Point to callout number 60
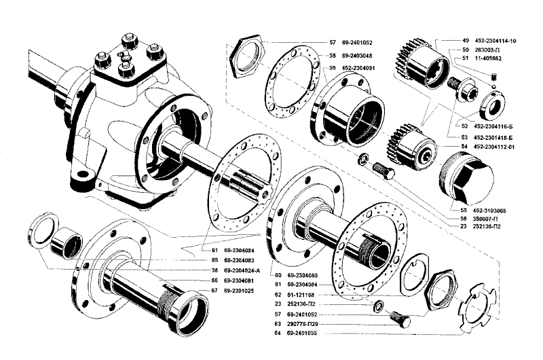point(278,275)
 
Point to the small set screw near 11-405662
point(495,82)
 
